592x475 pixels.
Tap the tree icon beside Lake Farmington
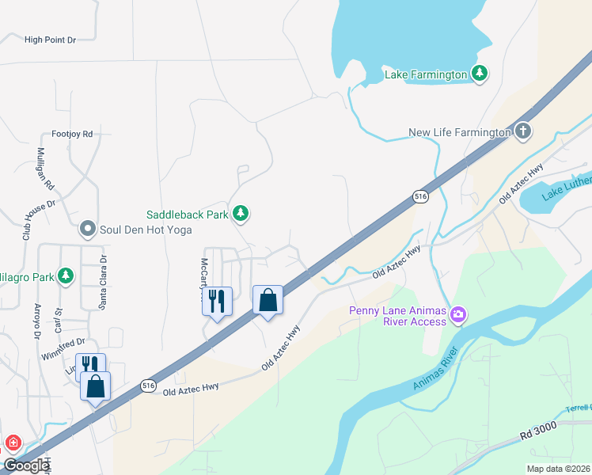tap(479, 74)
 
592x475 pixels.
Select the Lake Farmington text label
tap(426, 74)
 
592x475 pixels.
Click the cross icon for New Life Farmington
tap(522, 131)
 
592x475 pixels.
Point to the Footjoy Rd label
tap(72, 134)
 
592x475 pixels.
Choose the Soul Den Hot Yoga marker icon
tap(88, 230)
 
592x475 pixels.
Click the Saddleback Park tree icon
tap(241, 214)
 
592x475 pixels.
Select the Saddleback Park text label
tap(187, 215)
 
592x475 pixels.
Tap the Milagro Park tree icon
tap(66, 275)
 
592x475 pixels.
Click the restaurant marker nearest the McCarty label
tap(217, 301)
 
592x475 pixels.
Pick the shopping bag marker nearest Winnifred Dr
tap(96, 386)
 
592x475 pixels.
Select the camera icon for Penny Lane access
tap(457, 317)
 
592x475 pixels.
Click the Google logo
tap(26, 465)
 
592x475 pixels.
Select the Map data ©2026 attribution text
tap(559, 469)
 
